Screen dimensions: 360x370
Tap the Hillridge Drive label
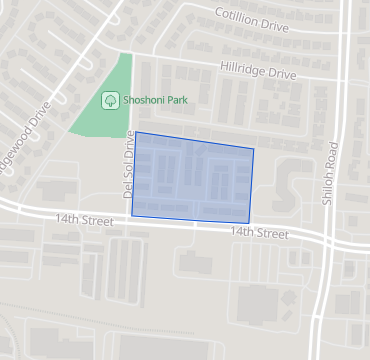tap(258, 72)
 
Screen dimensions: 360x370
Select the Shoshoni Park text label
tap(155, 100)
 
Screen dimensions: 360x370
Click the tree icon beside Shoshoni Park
tap(110, 100)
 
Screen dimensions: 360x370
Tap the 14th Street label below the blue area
tap(259, 232)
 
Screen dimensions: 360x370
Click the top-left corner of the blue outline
tap(133, 132)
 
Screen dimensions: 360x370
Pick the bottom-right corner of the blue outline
tap(248, 222)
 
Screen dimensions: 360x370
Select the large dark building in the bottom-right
tap(258, 303)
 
